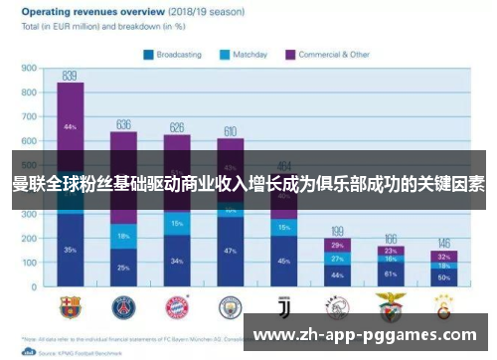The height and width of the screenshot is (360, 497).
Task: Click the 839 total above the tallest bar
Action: coord(70,76)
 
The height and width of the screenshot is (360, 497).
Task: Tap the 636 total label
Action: coord(123,125)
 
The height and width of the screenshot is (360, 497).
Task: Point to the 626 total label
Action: coord(177,127)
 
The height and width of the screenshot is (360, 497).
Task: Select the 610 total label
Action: coord(230,131)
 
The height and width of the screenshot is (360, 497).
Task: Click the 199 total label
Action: coord(337,231)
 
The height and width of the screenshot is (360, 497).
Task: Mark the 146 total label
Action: coord(444,243)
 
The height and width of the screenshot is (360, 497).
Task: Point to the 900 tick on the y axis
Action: coord(29,70)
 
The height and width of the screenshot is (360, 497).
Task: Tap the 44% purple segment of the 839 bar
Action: coord(70,127)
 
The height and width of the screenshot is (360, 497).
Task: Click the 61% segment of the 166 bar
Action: coord(391,273)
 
